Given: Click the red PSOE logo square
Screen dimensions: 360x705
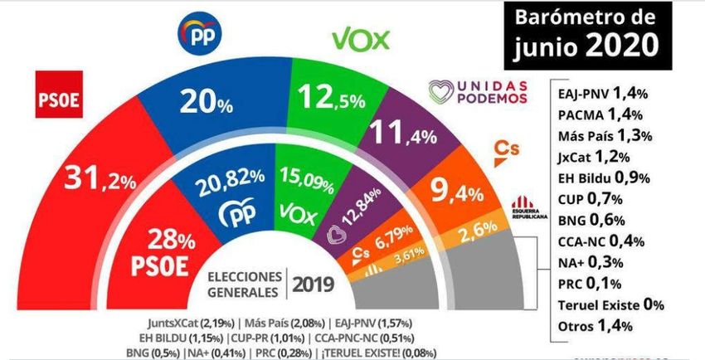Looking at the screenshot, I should click(x=59, y=95).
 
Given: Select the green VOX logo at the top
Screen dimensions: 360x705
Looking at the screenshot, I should click(x=361, y=39).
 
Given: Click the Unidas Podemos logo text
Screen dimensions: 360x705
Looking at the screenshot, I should click(x=477, y=92).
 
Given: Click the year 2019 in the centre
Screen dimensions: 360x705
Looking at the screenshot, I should click(x=312, y=285).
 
